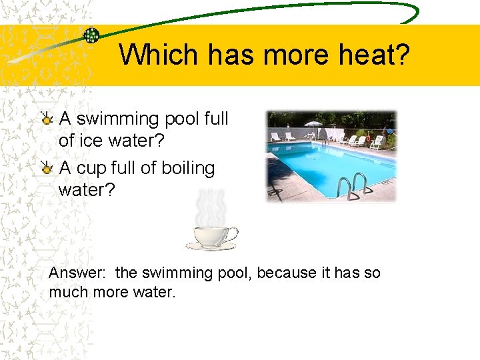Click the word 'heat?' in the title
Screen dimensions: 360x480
pyautogui.click(x=371, y=55)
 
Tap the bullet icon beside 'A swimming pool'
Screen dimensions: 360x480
pyautogui.click(x=47, y=119)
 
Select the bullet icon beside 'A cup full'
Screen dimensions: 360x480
pyautogui.click(x=47, y=168)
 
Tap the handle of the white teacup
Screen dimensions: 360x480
pyautogui.click(x=231, y=234)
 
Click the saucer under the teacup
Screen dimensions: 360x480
pyautogui.click(x=211, y=247)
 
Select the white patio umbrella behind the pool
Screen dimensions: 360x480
pyautogui.click(x=311, y=125)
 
